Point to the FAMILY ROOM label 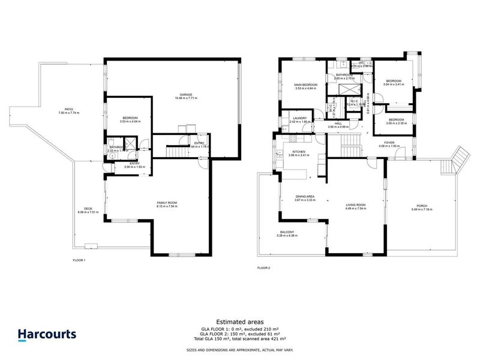167,203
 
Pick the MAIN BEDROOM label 306,85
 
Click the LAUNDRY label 299,118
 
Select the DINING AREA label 305,196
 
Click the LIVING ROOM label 356,205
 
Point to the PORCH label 422,206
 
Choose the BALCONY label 286,232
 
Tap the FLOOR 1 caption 79,260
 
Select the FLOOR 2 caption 264,268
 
